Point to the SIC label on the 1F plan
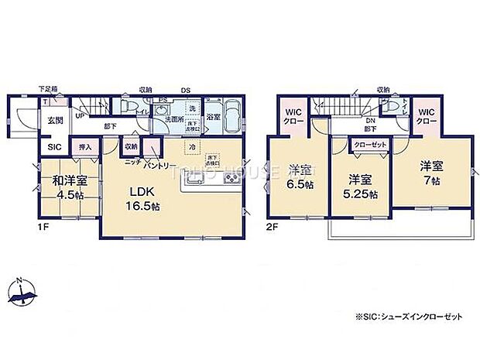tap(55, 146)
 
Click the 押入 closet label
tap(85, 146)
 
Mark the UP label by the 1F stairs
tap(79, 116)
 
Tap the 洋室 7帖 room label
tap(431, 171)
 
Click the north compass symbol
tap(22, 291)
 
